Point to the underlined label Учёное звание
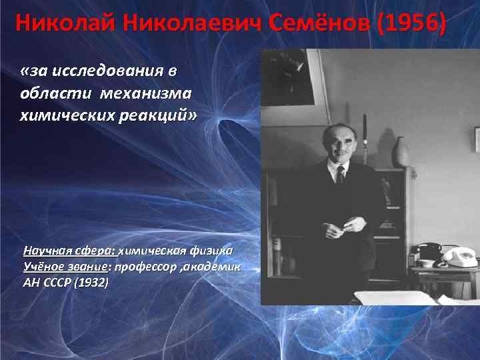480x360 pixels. click(x=66, y=267)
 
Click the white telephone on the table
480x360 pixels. click(x=459, y=257)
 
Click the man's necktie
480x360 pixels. click(x=340, y=175)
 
